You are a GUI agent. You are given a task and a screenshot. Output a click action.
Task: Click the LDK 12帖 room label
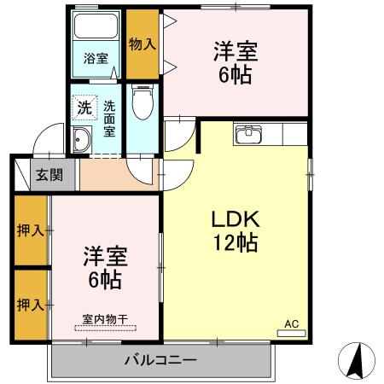point(235,230)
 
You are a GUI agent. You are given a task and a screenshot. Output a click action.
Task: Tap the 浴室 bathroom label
point(96,59)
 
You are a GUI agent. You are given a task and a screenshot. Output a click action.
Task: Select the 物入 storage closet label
point(143,44)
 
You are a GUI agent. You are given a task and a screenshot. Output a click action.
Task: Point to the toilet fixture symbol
point(143,104)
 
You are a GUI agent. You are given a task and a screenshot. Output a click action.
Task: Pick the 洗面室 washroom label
point(110,120)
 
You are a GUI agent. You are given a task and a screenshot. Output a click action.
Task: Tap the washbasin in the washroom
point(83,140)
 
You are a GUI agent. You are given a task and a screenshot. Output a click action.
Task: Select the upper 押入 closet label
point(29,230)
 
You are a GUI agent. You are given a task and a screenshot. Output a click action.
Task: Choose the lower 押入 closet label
point(29,304)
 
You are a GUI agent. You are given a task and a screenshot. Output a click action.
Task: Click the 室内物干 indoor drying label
point(105,319)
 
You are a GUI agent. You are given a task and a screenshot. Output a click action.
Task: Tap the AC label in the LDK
point(291,323)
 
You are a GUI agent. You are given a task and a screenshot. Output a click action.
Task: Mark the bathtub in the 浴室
point(95,26)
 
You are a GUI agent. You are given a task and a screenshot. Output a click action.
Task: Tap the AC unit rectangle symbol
point(291,334)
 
